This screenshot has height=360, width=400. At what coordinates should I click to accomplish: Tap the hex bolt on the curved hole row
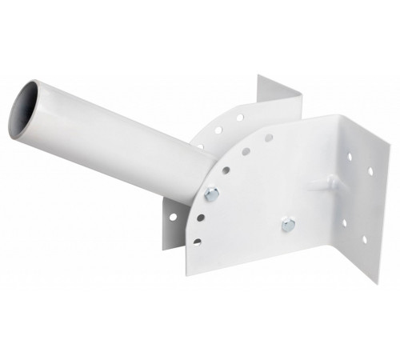point(211,192)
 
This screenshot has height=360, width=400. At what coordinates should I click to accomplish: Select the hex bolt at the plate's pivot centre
point(288,225)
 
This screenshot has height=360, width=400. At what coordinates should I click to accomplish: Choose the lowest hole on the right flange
point(364,239)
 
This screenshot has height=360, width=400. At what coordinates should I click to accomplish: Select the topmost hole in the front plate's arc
point(269,138)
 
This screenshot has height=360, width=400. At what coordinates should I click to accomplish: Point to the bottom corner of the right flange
point(377,284)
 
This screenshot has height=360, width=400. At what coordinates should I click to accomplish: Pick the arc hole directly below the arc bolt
point(201,216)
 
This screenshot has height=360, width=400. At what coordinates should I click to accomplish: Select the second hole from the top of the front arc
point(246,150)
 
